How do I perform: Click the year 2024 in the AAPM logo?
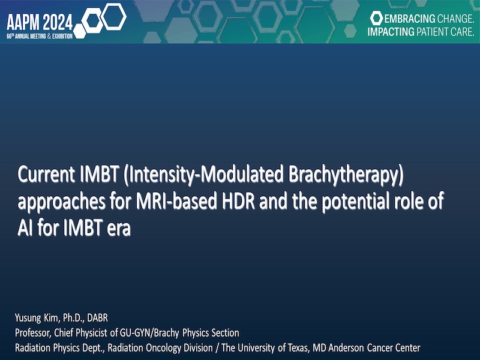coord(58,22)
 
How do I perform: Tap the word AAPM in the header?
coord(23,22)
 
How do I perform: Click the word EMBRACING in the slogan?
coord(410,19)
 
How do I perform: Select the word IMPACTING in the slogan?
coord(391,32)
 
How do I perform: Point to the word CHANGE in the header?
coord(456,19)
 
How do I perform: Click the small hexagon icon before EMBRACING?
coord(376,18)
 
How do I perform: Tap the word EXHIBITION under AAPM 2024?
coord(62,37)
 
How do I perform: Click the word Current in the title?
coord(46,175)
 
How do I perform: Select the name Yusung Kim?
coord(37,318)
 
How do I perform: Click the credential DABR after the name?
coord(97,318)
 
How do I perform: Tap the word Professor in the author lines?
coord(33,333)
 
